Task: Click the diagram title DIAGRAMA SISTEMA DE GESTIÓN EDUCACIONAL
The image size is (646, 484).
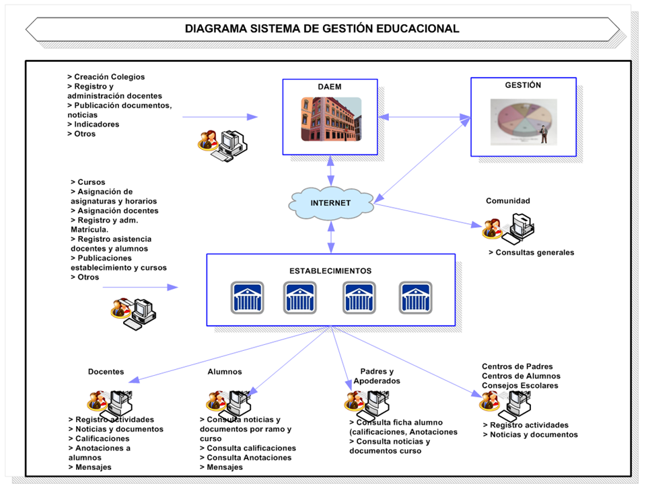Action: [322, 29]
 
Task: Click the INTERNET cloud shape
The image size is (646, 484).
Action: [330, 202]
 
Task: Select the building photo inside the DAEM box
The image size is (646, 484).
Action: [330, 119]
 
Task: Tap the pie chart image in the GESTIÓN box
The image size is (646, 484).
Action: [524, 121]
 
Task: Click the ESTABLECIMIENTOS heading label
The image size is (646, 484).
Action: [330, 271]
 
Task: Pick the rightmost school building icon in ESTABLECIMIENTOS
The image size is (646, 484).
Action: [415, 297]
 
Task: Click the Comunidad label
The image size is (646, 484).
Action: [508, 200]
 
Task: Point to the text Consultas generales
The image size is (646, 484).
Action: [532, 253]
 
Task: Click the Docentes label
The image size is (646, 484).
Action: [106, 372]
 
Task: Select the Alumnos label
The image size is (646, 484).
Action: [225, 372]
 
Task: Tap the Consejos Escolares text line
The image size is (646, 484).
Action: [520, 386]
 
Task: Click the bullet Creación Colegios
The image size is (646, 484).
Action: [106, 77]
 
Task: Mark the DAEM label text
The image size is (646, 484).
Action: [330, 87]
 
